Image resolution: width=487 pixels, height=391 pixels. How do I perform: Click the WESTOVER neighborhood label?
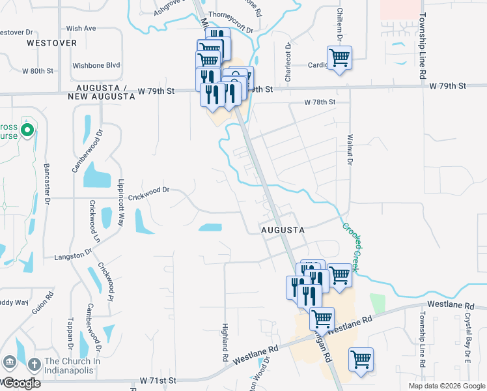coord(51,43)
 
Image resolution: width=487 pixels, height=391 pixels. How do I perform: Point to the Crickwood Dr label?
coord(148,190)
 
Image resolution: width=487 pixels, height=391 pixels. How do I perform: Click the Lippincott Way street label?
coord(121,201)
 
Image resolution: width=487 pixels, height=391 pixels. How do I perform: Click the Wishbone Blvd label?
coord(96,65)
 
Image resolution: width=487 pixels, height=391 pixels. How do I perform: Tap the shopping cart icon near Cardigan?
coord(339,59)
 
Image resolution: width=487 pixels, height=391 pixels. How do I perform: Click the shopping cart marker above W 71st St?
coord(361,359)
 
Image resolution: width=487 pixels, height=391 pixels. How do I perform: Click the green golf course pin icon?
coord(27,130)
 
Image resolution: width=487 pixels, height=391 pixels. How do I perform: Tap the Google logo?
coord(21,383)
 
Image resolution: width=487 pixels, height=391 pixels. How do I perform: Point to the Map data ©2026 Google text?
coord(447,386)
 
